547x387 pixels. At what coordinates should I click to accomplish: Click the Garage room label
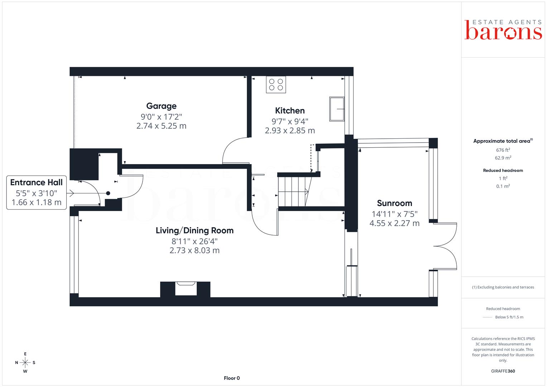161,106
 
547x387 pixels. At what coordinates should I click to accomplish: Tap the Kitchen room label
290,111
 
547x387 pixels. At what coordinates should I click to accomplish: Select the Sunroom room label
394,203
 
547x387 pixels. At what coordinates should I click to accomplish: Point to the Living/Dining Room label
195,230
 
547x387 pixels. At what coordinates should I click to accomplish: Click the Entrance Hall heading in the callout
37,182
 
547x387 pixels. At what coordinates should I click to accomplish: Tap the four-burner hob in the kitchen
276,85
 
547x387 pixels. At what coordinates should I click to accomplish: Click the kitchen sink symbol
337,109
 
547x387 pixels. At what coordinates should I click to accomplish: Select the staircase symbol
295,192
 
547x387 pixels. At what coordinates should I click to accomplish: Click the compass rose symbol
25,363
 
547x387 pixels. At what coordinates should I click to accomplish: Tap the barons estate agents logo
503,30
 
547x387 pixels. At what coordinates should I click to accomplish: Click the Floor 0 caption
232,378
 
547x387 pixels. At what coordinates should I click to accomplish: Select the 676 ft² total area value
503,150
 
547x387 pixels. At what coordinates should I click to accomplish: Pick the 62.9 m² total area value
503,158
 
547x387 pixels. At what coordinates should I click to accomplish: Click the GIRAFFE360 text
503,371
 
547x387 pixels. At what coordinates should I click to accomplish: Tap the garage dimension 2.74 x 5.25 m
161,126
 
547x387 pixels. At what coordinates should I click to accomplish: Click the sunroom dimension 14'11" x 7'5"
394,214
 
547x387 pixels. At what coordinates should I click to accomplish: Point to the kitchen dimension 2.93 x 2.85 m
290,130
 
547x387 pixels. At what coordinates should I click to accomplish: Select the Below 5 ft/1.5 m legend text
509,317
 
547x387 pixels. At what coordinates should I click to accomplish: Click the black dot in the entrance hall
108,193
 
